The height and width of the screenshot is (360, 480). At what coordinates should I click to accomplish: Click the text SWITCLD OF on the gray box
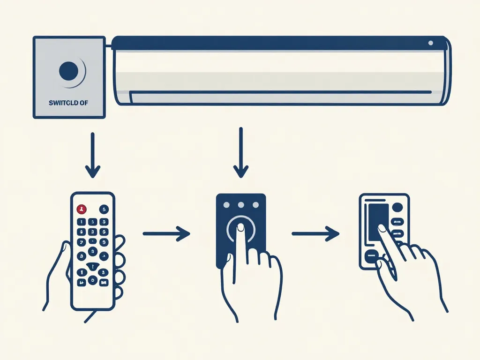pos(68,102)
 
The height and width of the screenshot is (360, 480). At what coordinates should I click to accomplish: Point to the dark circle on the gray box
pos(69,71)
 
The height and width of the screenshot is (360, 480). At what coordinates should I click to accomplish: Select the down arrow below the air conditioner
pos(241,152)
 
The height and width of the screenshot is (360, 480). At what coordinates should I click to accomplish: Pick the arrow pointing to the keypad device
pos(315,233)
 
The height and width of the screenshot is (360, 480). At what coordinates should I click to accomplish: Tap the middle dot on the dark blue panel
pos(241,205)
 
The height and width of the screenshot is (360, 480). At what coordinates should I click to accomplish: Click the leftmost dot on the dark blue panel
pos(227,205)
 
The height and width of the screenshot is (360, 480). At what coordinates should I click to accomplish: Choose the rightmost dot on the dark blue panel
pos(255,205)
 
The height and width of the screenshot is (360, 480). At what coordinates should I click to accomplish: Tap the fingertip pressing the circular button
pos(240,227)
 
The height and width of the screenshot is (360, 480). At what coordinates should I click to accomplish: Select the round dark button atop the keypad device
pos(397,208)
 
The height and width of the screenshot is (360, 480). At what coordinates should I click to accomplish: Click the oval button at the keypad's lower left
pos(371,255)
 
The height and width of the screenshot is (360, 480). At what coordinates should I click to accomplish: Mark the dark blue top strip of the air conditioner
pos(277,43)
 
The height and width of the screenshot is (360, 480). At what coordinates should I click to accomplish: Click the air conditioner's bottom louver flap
pos(281,97)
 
